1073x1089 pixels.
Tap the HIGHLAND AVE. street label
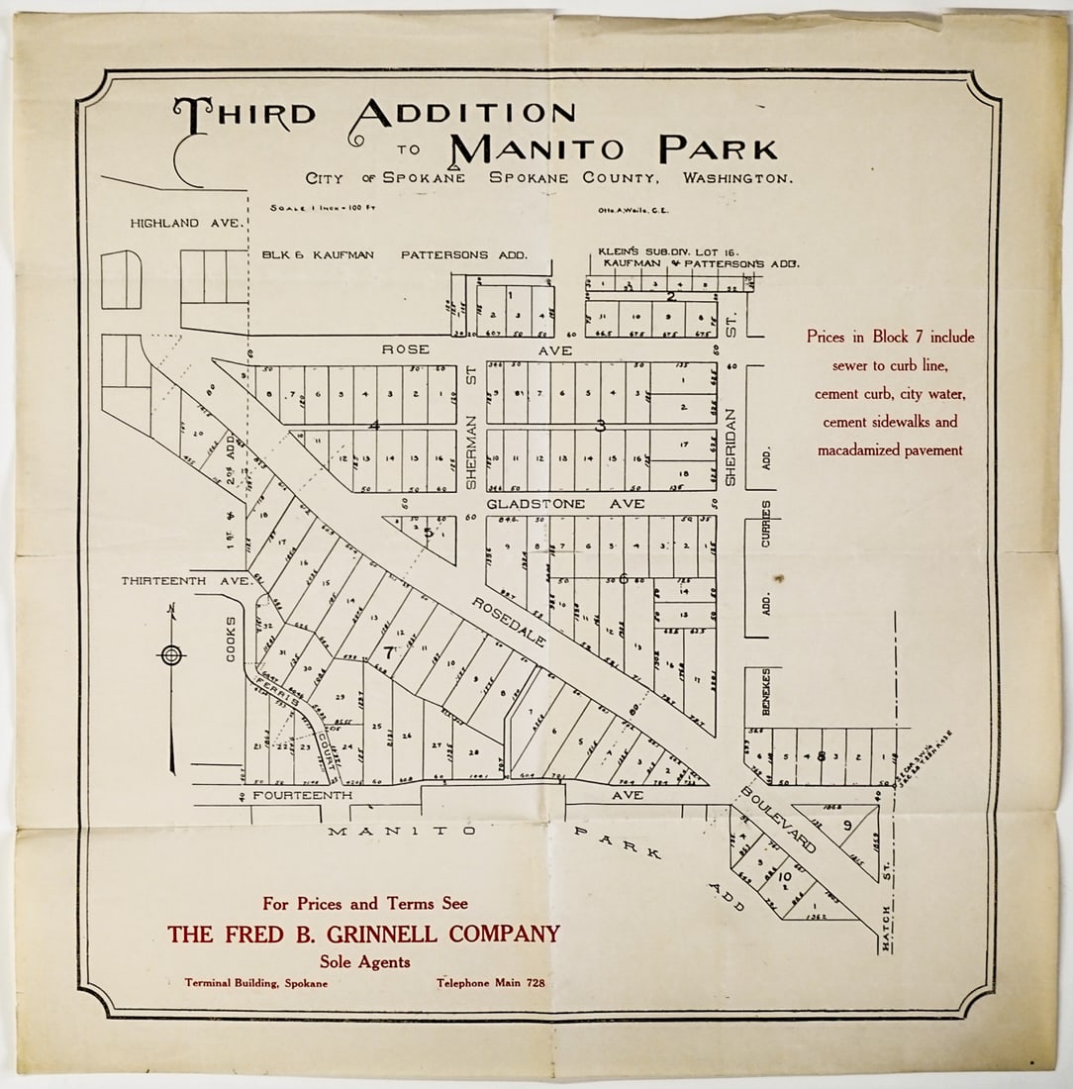coord(186,224)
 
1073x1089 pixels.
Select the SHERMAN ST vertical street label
coord(472,437)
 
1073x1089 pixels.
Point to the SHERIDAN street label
coord(732,446)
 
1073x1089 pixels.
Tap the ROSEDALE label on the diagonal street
coord(508,623)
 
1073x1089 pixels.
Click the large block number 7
coord(388,653)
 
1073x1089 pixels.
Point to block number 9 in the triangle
coord(846,825)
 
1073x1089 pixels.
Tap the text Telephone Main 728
coord(490,983)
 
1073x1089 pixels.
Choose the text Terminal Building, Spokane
coord(255,983)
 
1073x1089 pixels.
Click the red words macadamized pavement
coord(889,450)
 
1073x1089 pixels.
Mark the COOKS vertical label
coord(232,639)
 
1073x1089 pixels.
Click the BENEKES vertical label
coord(765,693)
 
